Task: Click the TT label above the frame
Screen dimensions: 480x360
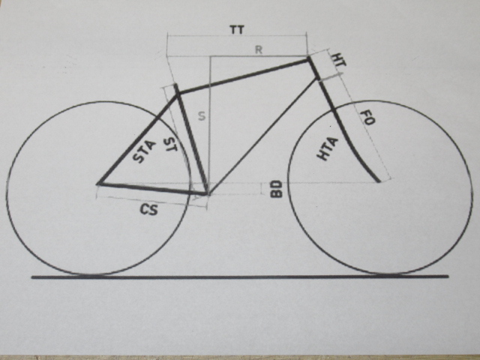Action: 237,30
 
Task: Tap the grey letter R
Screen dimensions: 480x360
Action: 259,50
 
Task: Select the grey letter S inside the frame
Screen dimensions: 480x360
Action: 202,116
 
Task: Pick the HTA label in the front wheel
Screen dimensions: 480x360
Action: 327,149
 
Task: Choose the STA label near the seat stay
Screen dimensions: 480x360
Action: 144,151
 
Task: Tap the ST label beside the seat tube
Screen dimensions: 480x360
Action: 170,145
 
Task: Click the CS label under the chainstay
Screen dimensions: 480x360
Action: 149,210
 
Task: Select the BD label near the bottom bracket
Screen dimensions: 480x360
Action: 277,189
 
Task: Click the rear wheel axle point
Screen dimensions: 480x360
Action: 98,184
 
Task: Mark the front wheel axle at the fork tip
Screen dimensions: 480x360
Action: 378,181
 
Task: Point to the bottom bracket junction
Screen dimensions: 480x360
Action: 207,193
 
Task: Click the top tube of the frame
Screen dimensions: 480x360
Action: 244,76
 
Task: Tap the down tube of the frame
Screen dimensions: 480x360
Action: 262,136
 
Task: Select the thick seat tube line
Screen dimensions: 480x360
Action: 192,139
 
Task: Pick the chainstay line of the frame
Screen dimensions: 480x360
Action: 152,188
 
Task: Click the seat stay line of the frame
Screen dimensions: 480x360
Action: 137,139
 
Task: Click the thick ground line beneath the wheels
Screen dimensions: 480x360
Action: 240,277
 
